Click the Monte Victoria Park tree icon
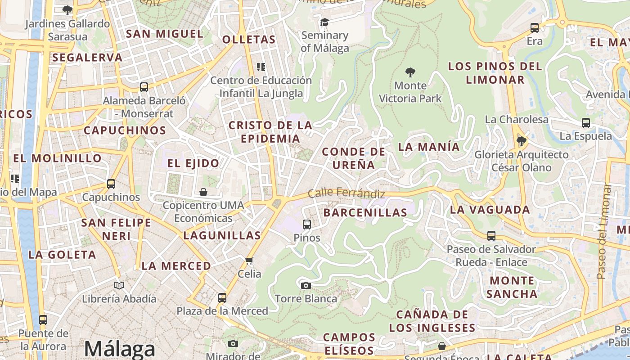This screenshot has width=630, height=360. pos(410,72)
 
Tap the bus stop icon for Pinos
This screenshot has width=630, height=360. pos(307,224)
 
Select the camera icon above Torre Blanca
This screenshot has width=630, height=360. pos(306,285)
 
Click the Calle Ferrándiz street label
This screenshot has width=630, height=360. pos(346,193)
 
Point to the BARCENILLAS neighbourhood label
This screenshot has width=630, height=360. pos(365,212)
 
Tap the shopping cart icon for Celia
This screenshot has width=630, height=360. pos(249,261)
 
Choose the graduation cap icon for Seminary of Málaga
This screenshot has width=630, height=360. pos(324,22)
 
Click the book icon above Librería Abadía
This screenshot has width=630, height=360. pos(119,285)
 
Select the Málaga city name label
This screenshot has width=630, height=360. pos(119,349)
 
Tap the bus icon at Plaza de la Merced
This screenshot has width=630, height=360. pos(222,297)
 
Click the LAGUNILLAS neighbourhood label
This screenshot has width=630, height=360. pos(222,235)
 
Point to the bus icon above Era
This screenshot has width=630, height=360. pos(535,28)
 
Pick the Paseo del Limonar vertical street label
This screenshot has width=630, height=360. pos(603,232)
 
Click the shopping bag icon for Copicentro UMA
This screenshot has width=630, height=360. pos(203,192)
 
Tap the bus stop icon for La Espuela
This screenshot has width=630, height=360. pos(586,122)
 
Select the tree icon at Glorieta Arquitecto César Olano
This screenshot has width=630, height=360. pos(522,142)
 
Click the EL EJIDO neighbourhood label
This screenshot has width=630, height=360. pos(193,163)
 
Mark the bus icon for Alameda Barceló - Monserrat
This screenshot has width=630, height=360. pos(144,87)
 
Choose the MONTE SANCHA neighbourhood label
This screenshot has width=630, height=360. pos(512,287)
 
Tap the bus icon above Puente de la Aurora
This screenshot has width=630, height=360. pos(43,320)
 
